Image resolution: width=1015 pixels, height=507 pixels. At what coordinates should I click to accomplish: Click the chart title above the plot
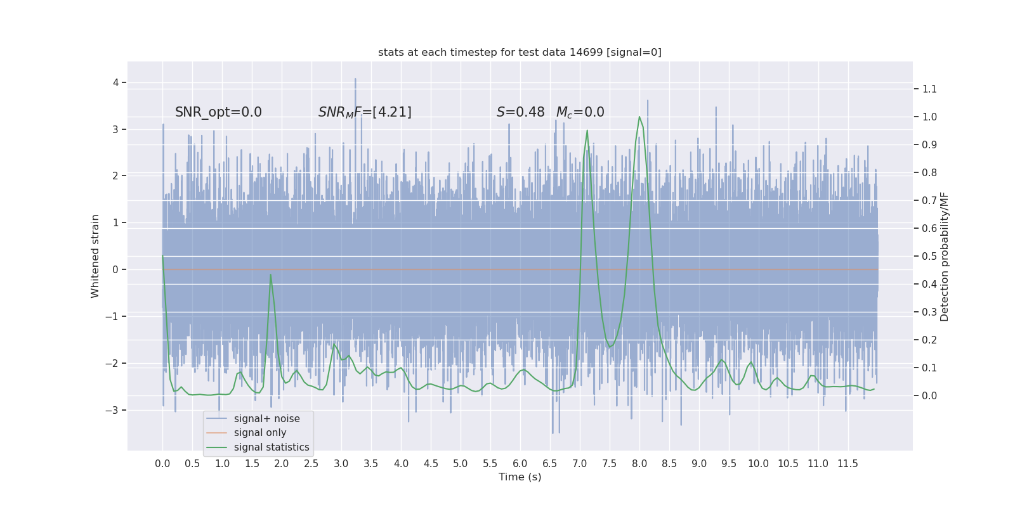click(520, 53)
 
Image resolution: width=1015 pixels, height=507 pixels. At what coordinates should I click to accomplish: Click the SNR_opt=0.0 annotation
click(218, 112)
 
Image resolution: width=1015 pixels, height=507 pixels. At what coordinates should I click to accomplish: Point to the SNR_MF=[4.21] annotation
click(365, 112)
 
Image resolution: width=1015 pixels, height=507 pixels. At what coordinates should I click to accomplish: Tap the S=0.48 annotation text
click(520, 112)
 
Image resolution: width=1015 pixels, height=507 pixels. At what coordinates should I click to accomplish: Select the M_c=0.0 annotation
click(580, 112)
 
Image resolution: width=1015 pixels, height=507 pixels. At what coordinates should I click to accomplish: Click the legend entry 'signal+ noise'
click(266, 419)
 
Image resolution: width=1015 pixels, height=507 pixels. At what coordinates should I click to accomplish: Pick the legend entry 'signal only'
click(260, 433)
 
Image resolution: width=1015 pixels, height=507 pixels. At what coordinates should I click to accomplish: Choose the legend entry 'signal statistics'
click(272, 447)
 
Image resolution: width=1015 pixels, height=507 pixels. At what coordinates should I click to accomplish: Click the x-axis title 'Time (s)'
click(520, 477)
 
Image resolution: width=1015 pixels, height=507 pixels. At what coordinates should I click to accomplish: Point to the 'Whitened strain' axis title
click(95, 256)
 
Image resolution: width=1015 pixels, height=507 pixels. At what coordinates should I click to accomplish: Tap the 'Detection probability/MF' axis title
click(945, 256)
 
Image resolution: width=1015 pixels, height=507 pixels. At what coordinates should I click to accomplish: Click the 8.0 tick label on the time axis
click(639, 464)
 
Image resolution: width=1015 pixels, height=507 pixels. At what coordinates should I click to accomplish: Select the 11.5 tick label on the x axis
click(848, 464)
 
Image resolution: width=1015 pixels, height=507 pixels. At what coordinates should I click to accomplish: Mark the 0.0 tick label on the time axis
click(162, 464)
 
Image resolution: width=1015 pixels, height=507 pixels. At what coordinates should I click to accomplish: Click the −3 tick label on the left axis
click(112, 410)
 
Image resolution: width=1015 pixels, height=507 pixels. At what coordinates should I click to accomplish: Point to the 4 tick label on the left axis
click(115, 82)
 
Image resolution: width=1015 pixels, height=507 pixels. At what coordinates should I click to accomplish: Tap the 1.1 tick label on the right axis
click(929, 89)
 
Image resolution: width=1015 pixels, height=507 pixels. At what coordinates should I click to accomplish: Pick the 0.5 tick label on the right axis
click(929, 256)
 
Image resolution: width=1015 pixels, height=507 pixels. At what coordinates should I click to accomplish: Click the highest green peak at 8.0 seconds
click(639, 117)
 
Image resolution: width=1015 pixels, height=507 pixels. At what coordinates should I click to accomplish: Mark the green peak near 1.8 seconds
click(271, 274)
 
